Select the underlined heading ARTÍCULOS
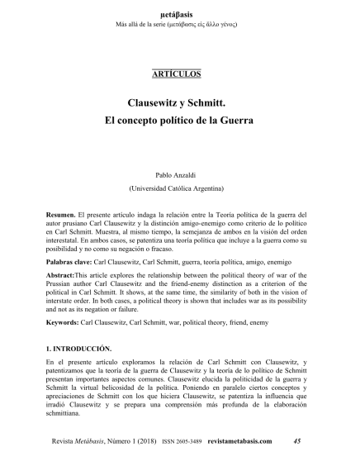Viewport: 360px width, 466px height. (177, 74)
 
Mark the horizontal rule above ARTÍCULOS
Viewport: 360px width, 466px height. (177, 67)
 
